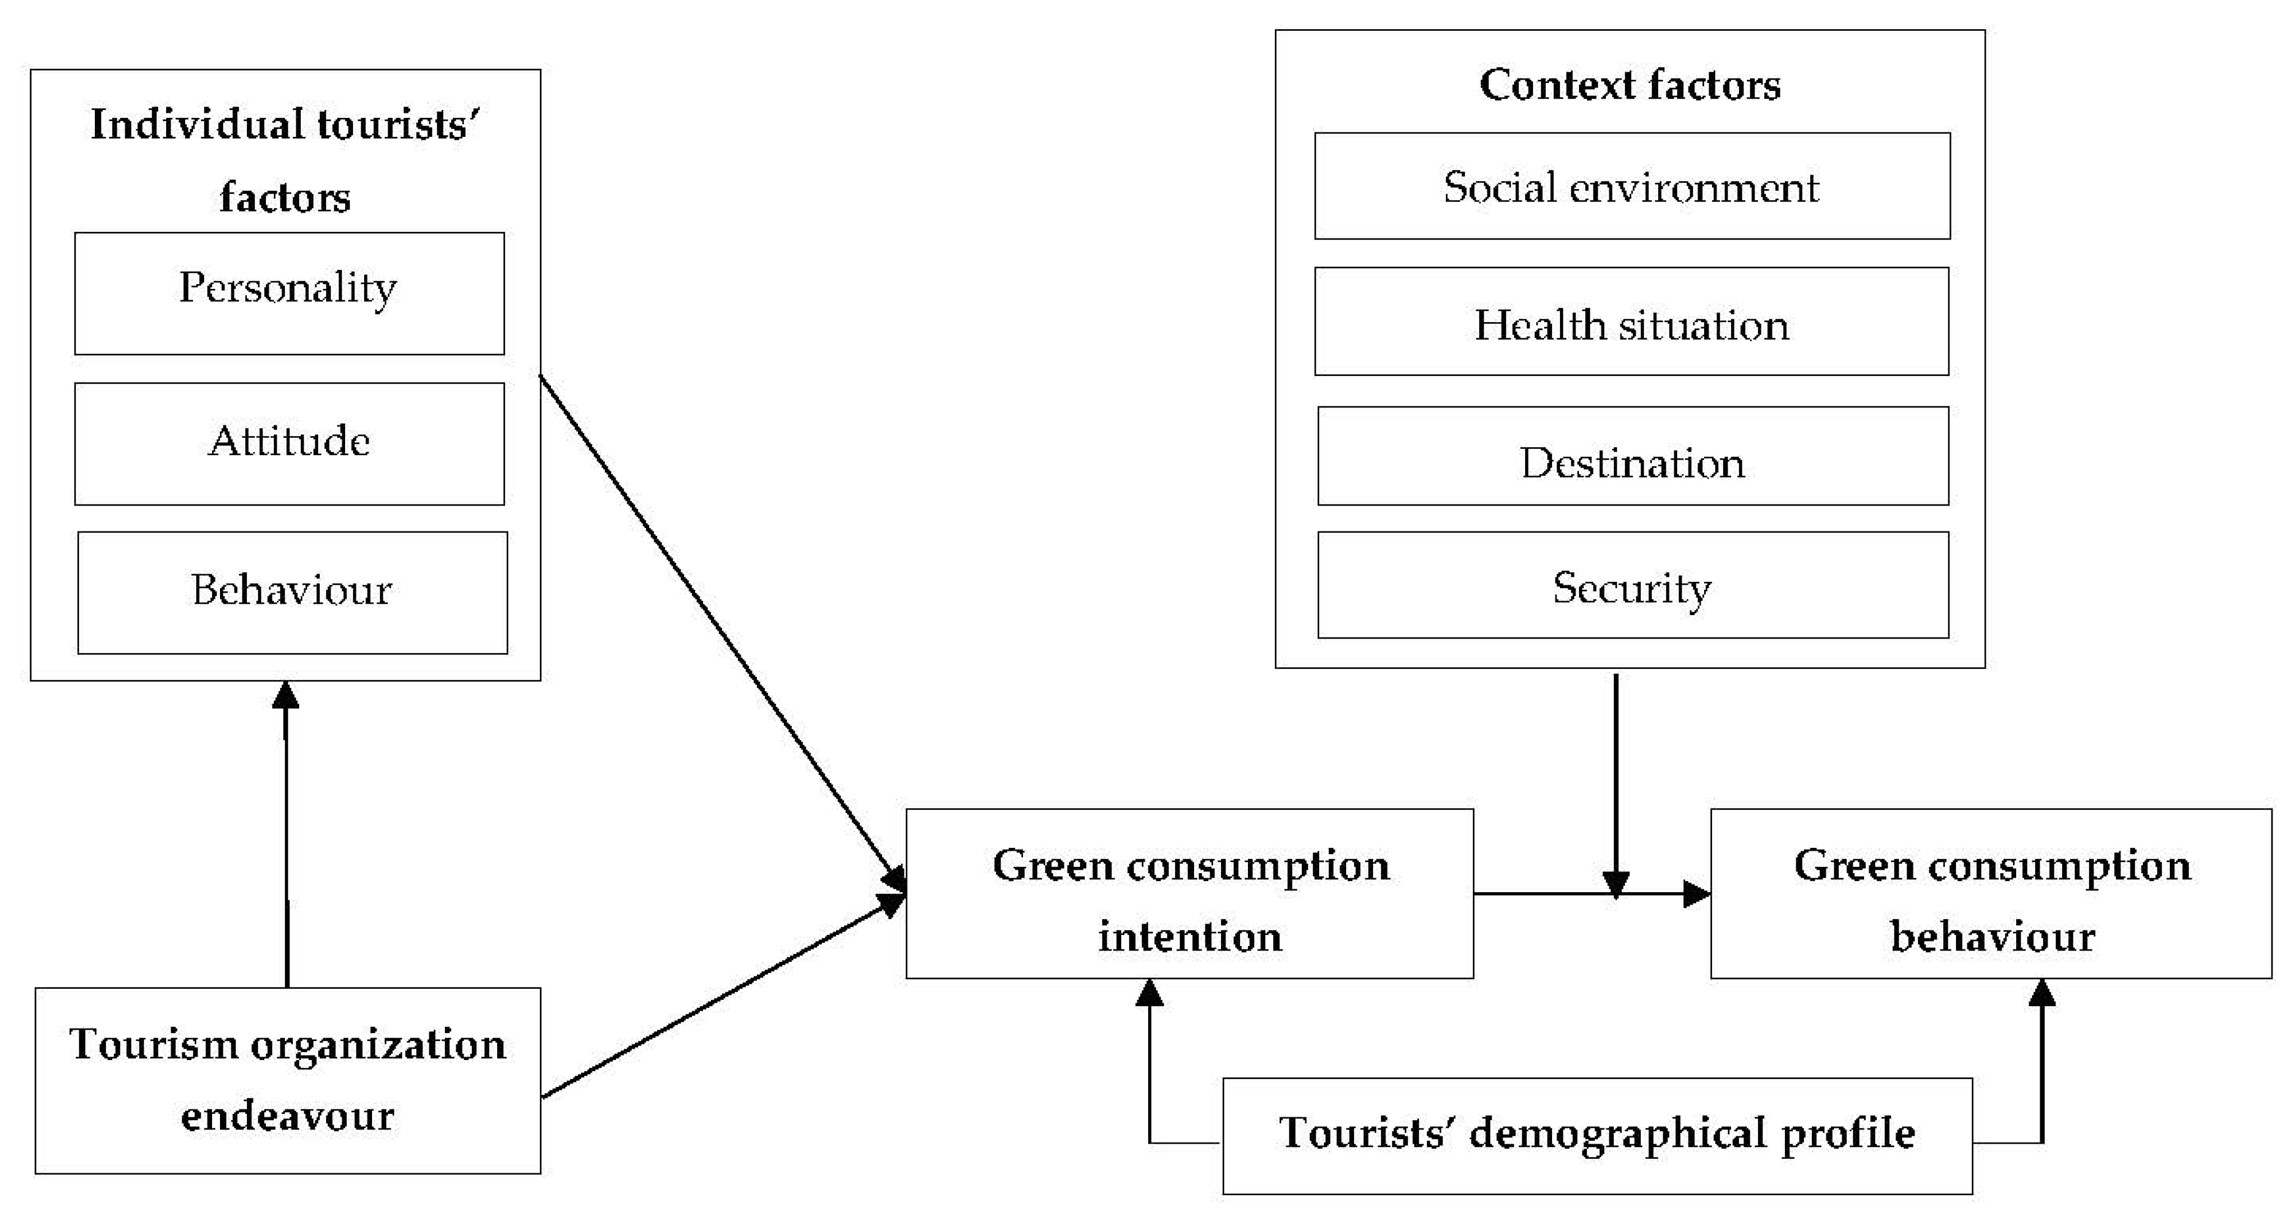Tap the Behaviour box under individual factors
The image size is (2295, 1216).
[292, 593]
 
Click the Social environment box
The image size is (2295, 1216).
[1631, 186]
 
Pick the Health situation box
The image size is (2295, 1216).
[1631, 322]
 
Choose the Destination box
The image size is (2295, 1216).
[1632, 456]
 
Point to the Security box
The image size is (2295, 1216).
[1632, 585]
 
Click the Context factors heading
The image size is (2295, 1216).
[1630, 85]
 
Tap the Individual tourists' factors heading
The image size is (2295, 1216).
[285, 160]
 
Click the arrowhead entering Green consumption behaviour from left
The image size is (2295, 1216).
[1695, 893]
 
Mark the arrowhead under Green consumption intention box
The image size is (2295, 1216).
[1149, 993]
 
